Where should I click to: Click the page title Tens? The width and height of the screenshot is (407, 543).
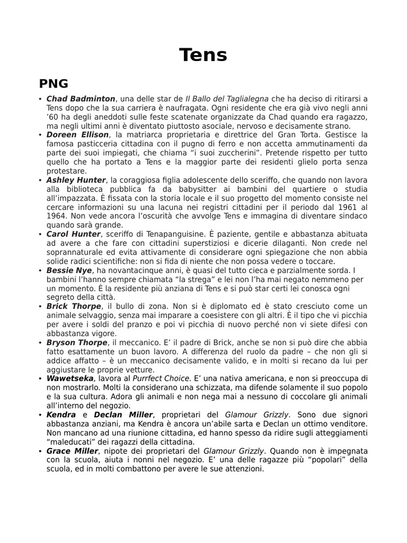pyautogui.click(x=203, y=55)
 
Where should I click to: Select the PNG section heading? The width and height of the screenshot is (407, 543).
pyautogui.click(x=54, y=83)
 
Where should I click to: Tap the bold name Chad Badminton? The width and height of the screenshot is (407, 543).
pyautogui.click(x=81, y=99)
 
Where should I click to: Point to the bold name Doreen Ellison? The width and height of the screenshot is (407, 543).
pyautogui.click(x=77, y=135)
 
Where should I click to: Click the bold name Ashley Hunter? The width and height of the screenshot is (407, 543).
pyautogui.click(x=76, y=180)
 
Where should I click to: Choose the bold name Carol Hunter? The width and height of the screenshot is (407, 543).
pyautogui.click(x=73, y=234)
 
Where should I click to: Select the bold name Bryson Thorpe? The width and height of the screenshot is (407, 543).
pyautogui.click(x=76, y=343)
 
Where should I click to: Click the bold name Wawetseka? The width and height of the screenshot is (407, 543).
pyautogui.click(x=70, y=379)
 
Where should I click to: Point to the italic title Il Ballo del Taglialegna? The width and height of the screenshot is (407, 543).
pyautogui.click(x=227, y=99)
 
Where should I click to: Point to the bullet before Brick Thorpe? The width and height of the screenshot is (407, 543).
pyautogui.click(x=41, y=307)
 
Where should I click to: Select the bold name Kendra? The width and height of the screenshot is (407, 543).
pyautogui.click(x=61, y=415)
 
